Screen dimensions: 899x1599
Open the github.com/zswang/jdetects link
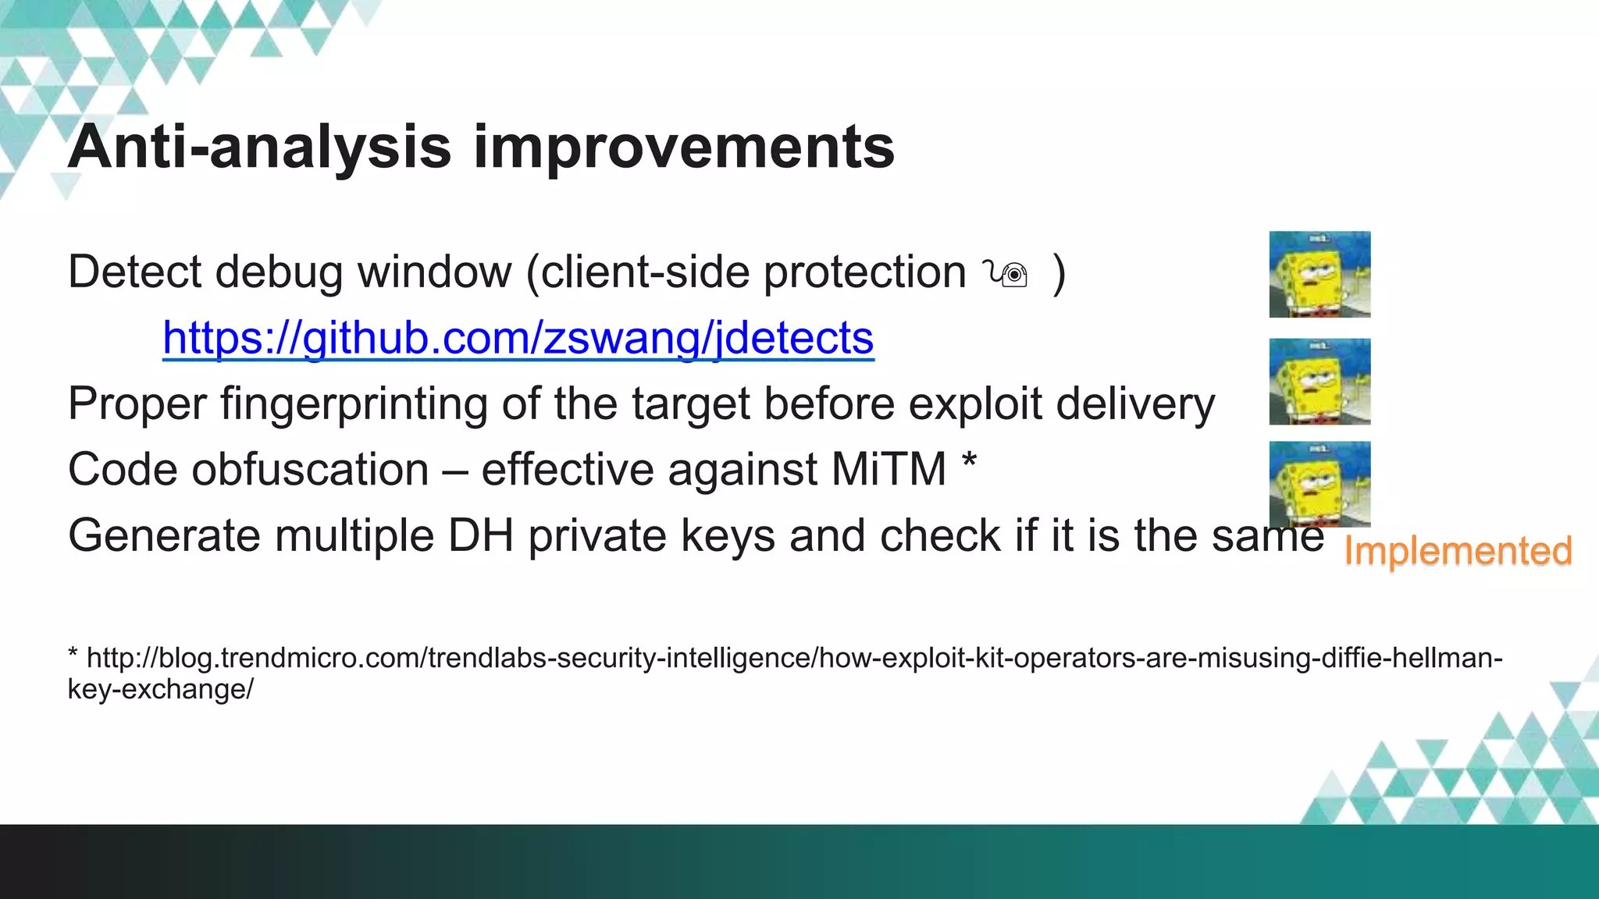518,338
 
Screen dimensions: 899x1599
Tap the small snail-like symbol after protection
1006,274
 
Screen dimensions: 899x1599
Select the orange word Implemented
1457,551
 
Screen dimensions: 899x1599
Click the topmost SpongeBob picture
1319,274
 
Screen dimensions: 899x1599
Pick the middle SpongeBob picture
1319,381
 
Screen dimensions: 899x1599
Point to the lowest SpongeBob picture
1319,484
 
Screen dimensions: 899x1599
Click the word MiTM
889,470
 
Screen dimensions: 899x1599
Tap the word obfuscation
310,470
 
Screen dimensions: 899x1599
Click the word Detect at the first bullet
135,272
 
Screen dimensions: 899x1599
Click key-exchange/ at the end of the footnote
160,690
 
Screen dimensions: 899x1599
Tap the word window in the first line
434,272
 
